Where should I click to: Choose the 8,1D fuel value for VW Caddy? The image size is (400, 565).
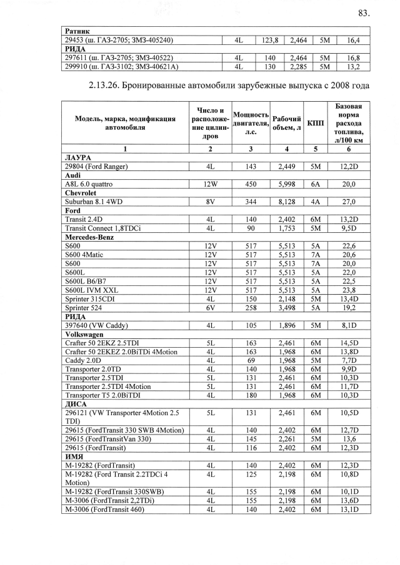[x=348, y=325]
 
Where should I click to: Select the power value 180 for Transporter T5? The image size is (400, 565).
[x=251, y=395]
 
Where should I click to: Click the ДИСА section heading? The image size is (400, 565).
[x=76, y=403]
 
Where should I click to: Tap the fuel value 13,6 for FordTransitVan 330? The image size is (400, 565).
[x=348, y=439]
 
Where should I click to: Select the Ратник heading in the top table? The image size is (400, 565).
[x=77, y=31]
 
